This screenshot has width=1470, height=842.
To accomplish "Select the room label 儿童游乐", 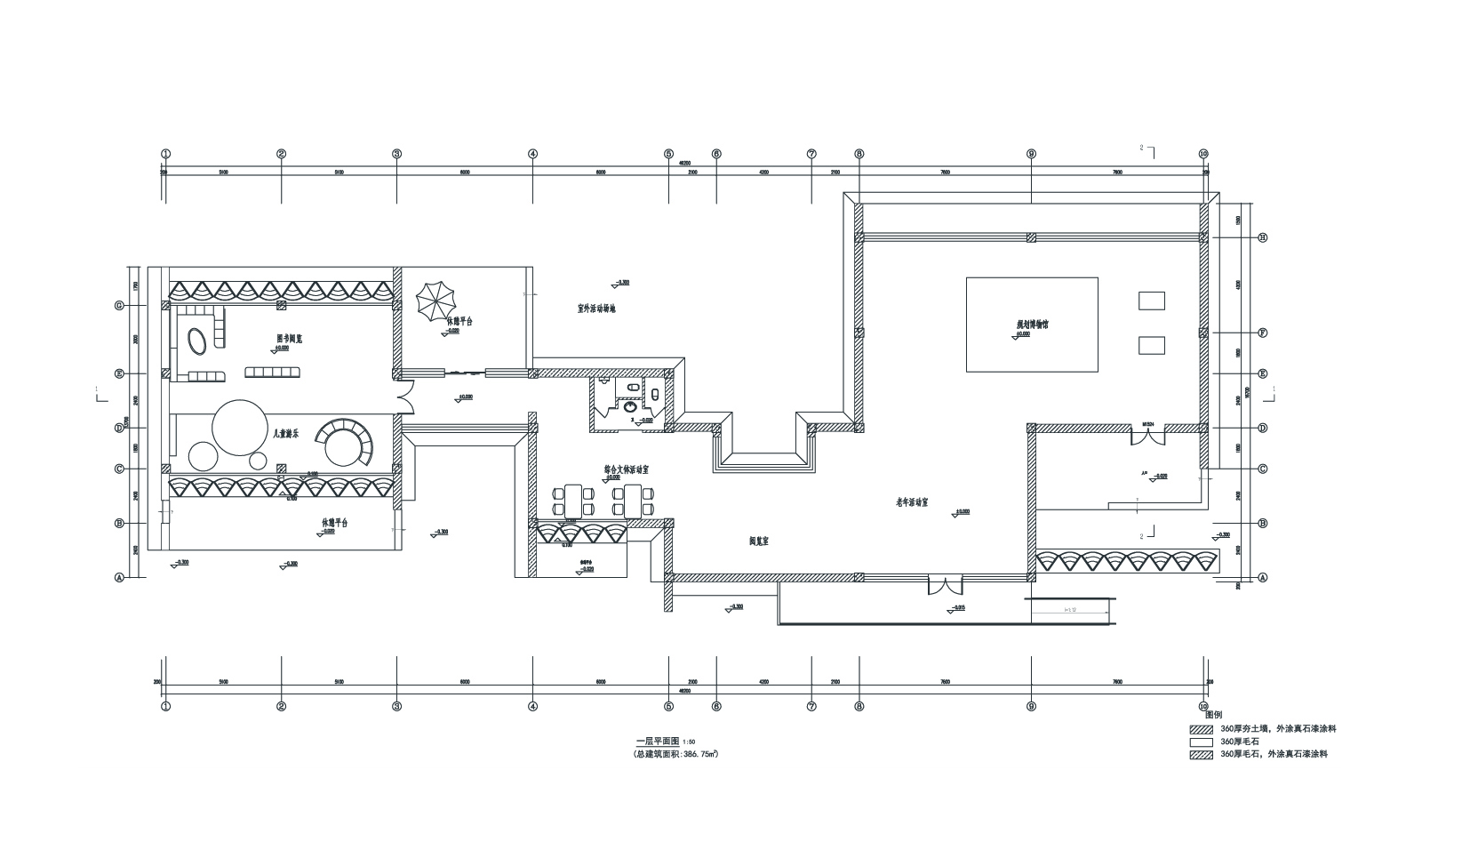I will click(285, 434).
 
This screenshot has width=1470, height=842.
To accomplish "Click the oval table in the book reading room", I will click(197, 340).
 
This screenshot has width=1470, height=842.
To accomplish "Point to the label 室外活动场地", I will click(596, 309).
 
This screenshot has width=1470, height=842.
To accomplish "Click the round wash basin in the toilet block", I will click(630, 406).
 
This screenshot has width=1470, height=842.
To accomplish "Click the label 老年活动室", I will click(912, 502).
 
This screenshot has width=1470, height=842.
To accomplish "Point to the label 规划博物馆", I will click(1033, 325).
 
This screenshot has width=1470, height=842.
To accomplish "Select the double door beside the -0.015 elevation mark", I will click(945, 586).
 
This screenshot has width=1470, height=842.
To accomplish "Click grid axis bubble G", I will click(118, 305).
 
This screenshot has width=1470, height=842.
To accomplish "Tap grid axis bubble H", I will click(1261, 237).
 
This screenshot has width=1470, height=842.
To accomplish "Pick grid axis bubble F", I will click(1261, 333).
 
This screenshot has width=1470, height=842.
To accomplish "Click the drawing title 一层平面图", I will click(658, 741).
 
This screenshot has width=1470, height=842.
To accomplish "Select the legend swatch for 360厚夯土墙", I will click(1202, 729).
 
